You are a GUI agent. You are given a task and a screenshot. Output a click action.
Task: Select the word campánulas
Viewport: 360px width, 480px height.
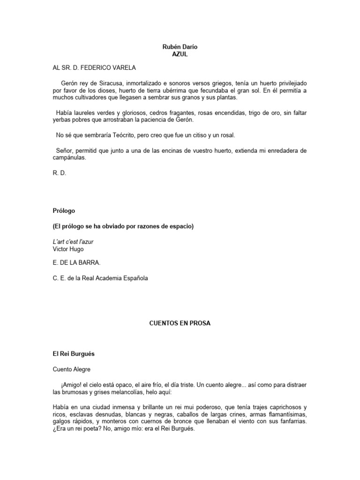coord(70,158)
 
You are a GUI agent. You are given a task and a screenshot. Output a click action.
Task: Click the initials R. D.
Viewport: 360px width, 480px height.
coord(60,172)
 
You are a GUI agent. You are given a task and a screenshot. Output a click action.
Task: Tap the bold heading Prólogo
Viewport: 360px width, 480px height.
coord(64,211)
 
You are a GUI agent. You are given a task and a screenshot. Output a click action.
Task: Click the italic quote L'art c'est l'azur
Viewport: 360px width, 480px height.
coord(77,242)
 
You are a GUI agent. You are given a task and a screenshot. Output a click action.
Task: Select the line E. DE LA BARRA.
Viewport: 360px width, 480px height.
coord(76,263)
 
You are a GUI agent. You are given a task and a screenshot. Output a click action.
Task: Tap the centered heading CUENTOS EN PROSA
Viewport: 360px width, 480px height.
coord(173,323)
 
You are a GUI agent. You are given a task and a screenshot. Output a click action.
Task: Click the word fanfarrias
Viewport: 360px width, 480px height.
coord(291,421)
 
